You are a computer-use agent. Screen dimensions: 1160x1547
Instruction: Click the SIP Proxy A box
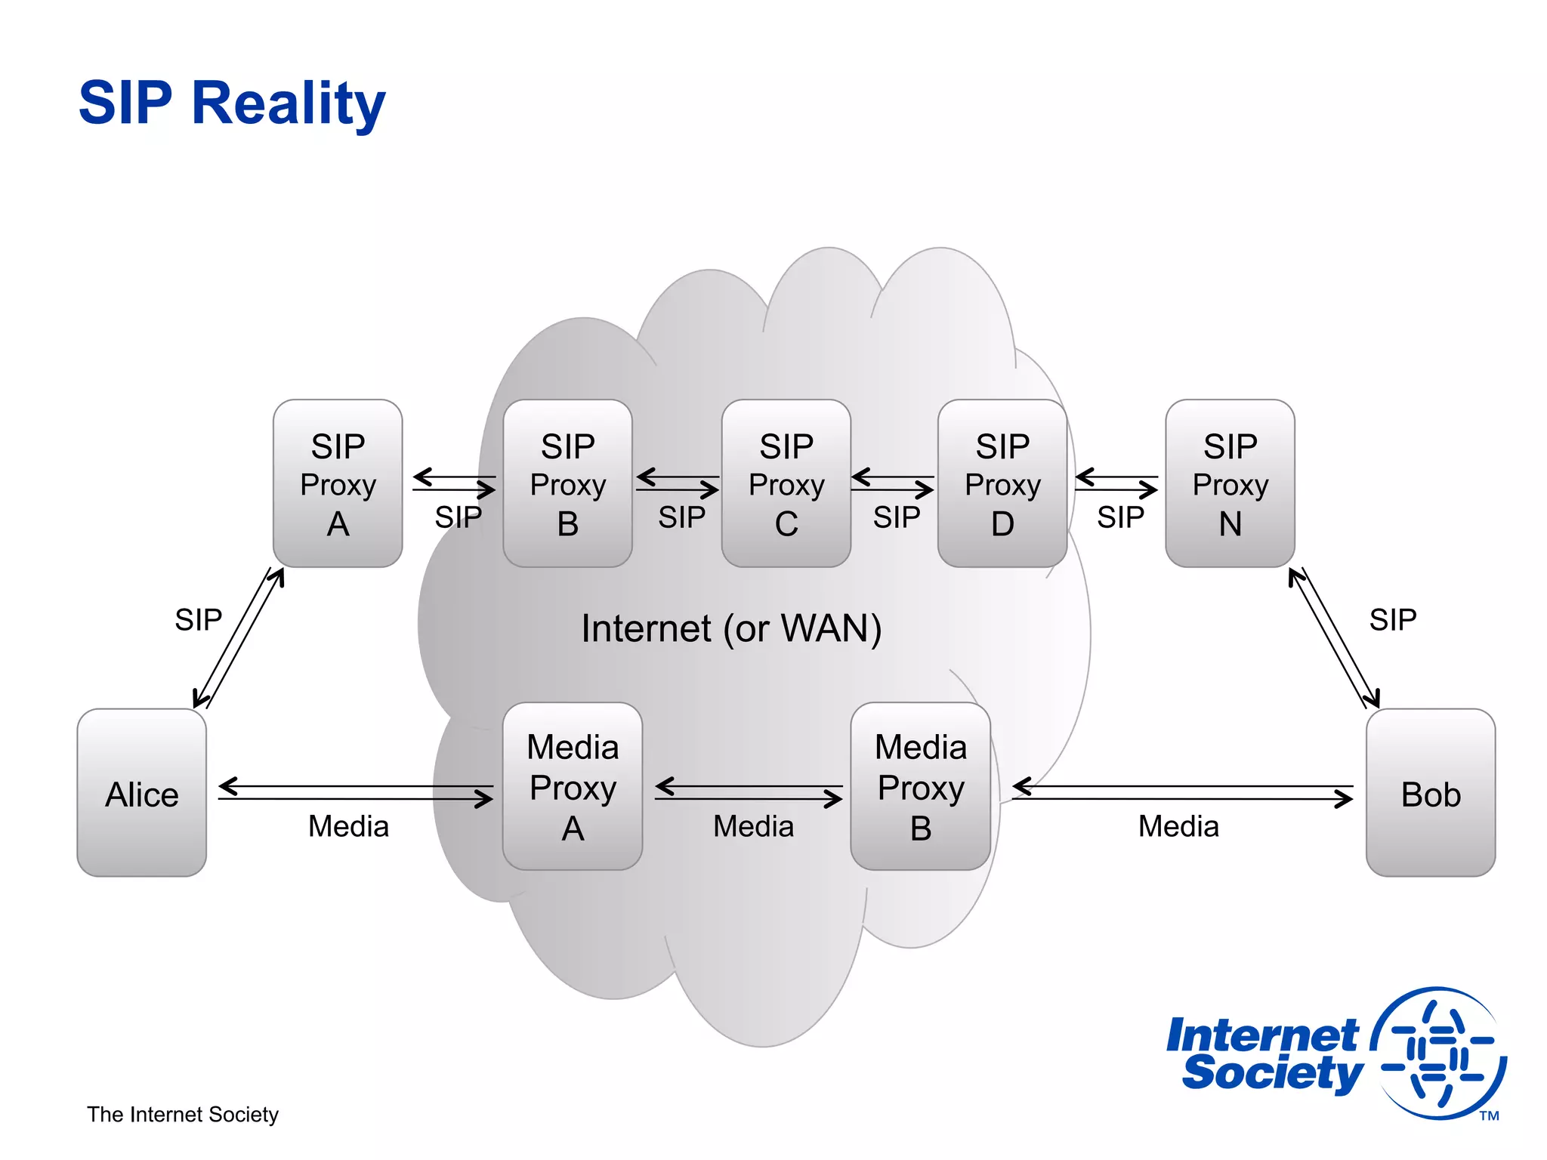(x=338, y=483)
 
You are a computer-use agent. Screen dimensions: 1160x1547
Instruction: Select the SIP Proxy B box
(x=567, y=483)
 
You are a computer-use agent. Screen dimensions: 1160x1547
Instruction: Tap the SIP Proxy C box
(x=786, y=483)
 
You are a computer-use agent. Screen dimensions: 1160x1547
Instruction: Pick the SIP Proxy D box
(x=1002, y=483)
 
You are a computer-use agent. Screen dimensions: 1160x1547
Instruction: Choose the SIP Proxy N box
(x=1230, y=483)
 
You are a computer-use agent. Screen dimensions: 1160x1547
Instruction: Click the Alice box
(x=142, y=793)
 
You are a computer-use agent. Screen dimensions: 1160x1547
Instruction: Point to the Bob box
(x=1430, y=793)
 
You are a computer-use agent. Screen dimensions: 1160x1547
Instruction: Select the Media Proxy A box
(x=573, y=787)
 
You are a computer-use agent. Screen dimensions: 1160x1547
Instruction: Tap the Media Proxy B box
(x=920, y=787)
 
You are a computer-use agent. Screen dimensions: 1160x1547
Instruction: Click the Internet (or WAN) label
(x=731, y=628)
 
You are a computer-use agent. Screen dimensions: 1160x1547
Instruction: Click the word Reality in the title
(x=289, y=103)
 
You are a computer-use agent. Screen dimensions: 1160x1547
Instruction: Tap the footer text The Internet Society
(x=183, y=1115)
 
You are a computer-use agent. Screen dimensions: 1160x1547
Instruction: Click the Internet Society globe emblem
(x=1439, y=1054)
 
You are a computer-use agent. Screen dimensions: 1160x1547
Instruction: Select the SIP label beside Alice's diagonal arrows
(x=198, y=620)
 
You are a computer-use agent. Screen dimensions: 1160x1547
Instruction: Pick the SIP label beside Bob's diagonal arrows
(x=1393, y=620)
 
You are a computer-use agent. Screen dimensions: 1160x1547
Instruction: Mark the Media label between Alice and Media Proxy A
(x=348, y=826)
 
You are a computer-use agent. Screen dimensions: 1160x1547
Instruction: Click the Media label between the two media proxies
(x=753, y=826)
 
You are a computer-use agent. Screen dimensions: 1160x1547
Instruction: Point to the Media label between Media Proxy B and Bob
(x=1178, y=826)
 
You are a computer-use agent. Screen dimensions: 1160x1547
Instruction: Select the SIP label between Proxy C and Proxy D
(x=897, y=517)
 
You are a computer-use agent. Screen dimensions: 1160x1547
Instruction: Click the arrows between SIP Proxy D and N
(x=1116, y=483)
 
